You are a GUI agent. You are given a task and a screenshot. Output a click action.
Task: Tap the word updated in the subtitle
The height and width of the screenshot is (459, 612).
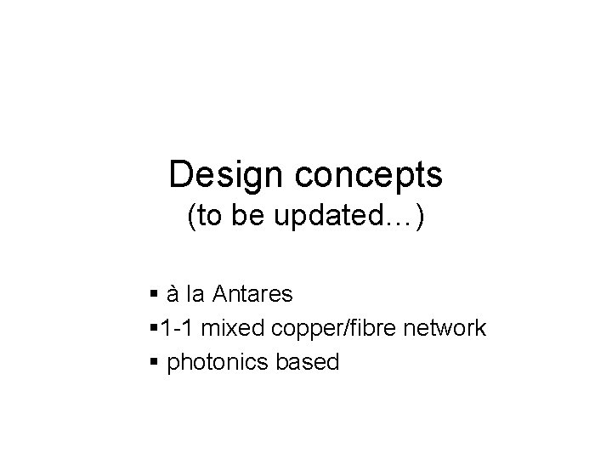337,218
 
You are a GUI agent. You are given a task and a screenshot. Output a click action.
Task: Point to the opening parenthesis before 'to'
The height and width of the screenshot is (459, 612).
192,219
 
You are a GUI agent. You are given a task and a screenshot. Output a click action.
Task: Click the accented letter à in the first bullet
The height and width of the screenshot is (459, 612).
173,295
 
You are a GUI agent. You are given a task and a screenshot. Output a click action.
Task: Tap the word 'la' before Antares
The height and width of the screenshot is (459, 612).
196,295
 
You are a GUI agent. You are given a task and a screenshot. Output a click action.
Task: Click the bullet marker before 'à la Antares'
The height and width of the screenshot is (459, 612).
152,296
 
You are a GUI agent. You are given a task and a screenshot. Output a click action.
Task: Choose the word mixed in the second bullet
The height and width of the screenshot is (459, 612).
229,329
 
